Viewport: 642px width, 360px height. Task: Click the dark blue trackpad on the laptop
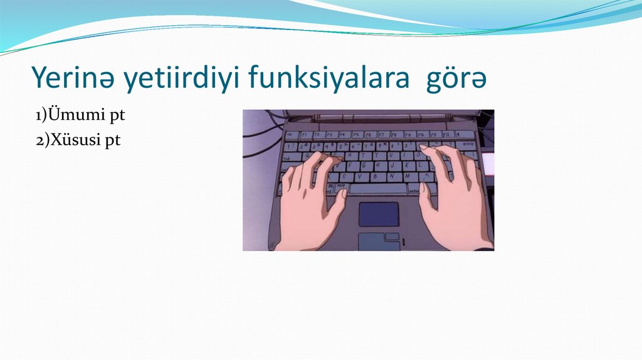[379, 214]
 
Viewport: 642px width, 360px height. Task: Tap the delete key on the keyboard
[468, 144]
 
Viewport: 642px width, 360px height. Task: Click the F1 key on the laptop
[305, 134]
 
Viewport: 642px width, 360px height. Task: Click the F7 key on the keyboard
[382, 134]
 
